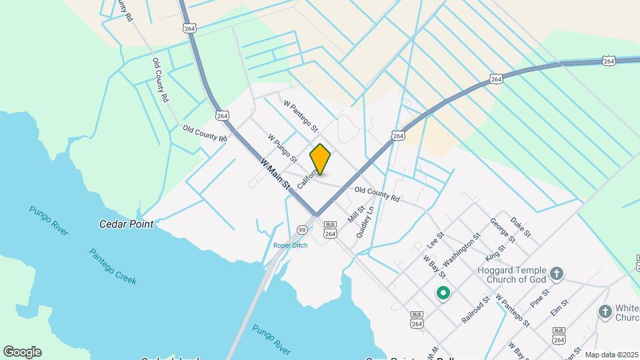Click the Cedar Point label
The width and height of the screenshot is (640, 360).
(126, 224)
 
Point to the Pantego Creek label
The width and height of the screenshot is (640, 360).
(113, 267)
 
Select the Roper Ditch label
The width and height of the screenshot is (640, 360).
(291, 245)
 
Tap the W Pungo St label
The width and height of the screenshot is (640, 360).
(283, 148)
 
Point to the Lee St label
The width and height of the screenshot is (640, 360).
(435, 239)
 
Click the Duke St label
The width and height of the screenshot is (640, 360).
(521, 227)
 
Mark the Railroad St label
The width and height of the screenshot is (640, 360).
(476, 310)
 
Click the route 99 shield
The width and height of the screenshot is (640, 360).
(302, 230)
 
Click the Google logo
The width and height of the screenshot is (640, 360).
(22, 352)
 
